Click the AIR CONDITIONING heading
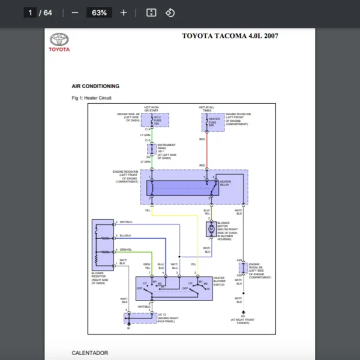point(95,86)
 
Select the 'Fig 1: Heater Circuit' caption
point(91,98)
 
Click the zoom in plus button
point(124,13)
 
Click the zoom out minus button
point(75,13)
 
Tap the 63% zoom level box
point(99,13)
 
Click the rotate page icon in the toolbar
point(170,13)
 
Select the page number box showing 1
point(30,13)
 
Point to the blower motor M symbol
point(211,229)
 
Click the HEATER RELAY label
point(226,183)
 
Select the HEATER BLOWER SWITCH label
point(219,281)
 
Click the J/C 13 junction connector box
point(140,317)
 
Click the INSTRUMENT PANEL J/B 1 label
point(166,151)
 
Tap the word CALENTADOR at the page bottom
point(90,353)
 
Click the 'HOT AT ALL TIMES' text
point(207,109)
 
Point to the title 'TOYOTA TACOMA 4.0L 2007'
point(230,36)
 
